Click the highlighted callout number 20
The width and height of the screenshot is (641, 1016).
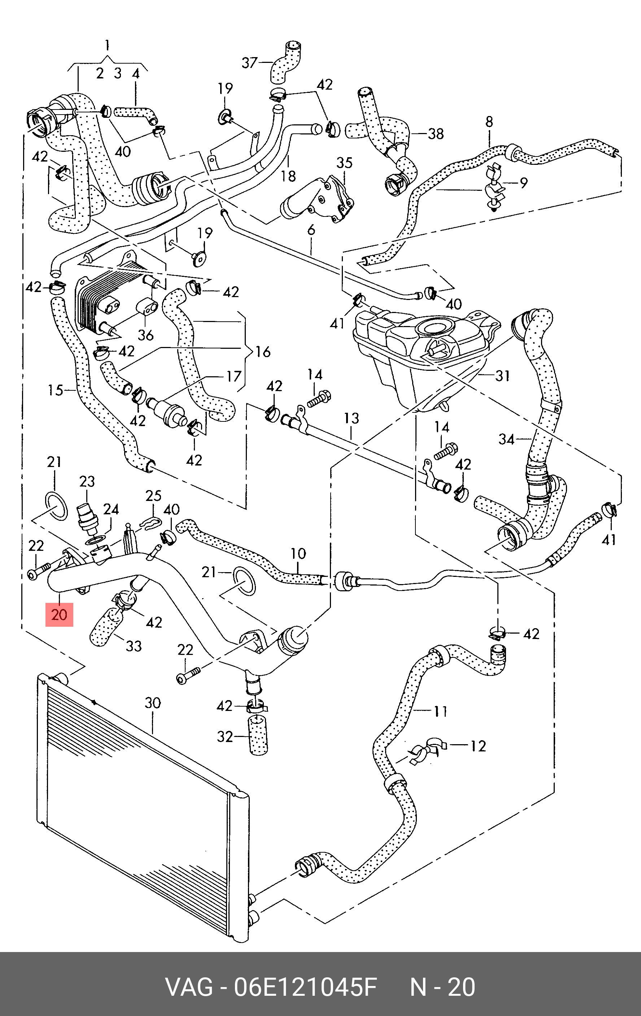coord(59,615)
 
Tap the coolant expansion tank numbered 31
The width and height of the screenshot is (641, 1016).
coord(417,359)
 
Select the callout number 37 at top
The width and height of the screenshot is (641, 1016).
coord(249,63)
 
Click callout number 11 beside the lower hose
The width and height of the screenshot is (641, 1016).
coord(440,712)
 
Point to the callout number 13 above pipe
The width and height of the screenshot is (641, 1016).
coord(351,418)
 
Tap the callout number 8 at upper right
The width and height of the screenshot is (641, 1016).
coord(489,122)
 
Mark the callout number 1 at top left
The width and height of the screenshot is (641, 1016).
coord(107,44)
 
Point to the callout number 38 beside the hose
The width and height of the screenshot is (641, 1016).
coord(436,134)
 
